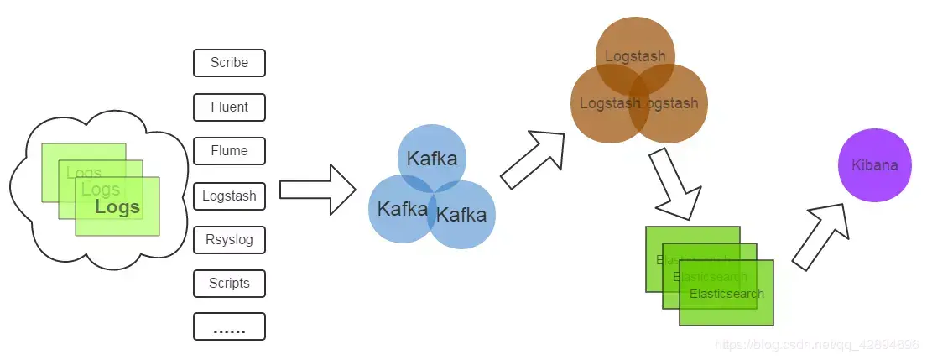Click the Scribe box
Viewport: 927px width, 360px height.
coord(229,63)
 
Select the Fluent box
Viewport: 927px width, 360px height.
coord(229,107)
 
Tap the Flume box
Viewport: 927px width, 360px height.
coord(229,151)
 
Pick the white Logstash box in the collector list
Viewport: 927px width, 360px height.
coord(229,196)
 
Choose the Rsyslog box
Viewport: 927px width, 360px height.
coord(229,240)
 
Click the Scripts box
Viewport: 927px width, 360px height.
coord(229,284)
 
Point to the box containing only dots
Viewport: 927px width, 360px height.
coord(229,327)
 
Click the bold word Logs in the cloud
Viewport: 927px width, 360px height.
coord(117,207)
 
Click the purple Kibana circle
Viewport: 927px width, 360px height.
coord(874,165)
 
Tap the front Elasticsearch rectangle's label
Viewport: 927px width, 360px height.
coord(726,294)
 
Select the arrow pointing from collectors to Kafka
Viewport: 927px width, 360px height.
coord(317,190)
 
